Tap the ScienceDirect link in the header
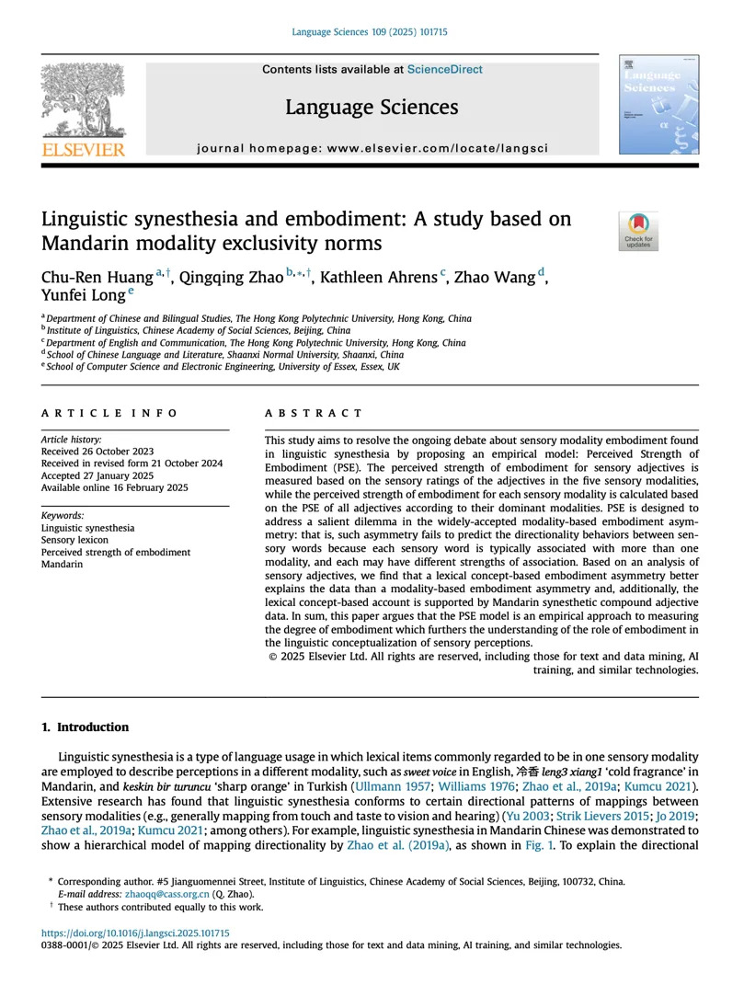pyautogui.click(x=444, y=69)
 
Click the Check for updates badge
pyautogui.click(x=637, y=231)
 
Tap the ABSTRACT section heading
pyautogui.click(x=314, y=414)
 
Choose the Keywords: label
pyautogui.click(x=63, y=516)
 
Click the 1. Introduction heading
pyautogui.click(x=86, y=727)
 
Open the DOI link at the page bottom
pyautogui.click(x=136, y=933)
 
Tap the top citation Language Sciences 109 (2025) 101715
pyautogui.click(x=370, y=32)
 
